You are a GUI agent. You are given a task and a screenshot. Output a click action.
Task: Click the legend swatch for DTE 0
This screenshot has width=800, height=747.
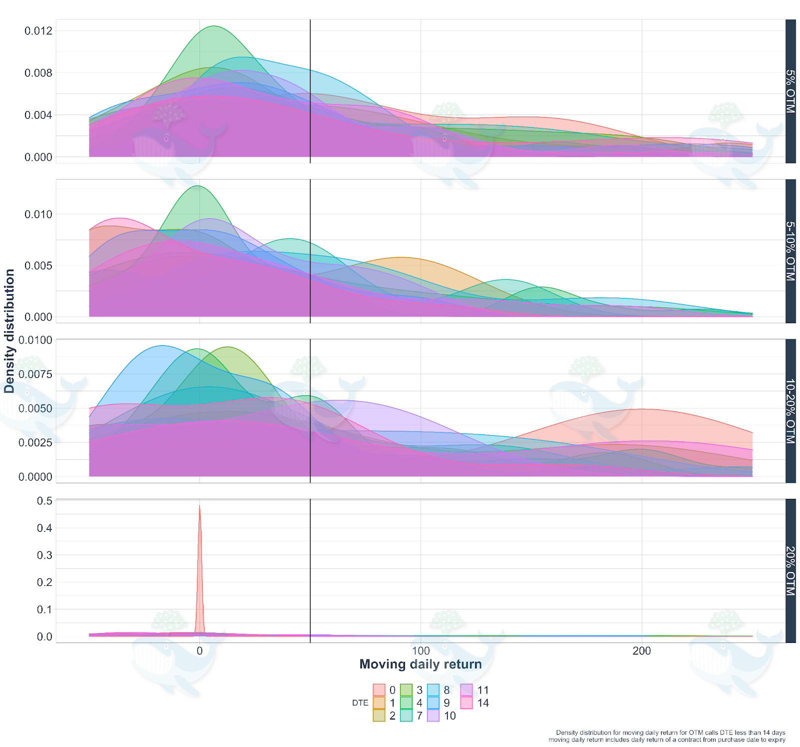click(379, 690)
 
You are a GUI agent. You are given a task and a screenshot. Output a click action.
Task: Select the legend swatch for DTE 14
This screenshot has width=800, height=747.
click(466, 702)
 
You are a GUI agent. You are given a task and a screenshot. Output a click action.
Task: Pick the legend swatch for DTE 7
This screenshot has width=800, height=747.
click(406, 715)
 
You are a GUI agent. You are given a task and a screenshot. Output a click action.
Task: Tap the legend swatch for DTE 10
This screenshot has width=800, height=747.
click(433, 715)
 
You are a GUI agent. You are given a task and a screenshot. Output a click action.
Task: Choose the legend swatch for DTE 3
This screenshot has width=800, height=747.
click(406, 690)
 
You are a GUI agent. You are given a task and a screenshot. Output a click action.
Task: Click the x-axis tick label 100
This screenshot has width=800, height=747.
click(420, 650)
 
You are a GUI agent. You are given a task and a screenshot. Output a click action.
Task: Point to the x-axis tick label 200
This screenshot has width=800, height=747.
click(641, 650)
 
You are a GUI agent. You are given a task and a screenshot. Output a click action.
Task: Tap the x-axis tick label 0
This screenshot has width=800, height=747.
click(199, 650)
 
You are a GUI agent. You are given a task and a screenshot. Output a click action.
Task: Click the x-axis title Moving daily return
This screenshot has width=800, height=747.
click(420, 664)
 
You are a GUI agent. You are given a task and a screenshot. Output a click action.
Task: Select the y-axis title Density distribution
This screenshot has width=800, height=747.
click(9, 331)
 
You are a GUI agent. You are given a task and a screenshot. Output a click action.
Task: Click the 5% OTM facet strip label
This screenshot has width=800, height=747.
click(790, 91)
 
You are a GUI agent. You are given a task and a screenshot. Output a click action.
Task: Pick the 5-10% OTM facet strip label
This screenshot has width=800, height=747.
click(790, 251)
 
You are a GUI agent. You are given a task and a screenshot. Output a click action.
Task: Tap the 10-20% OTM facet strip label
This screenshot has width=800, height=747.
click(790, 411)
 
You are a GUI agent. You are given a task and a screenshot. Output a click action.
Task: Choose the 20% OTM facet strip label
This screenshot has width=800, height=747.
click(790, 571)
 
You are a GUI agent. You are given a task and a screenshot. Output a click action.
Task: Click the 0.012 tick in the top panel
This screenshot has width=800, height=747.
click(38, 31)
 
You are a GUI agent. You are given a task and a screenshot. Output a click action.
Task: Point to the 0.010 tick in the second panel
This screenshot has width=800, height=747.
click(38, 214)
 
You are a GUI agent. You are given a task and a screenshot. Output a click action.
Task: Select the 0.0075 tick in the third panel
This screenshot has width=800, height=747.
click(35, 374)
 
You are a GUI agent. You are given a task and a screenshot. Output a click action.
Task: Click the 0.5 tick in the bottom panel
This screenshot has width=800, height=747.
click(44, 501)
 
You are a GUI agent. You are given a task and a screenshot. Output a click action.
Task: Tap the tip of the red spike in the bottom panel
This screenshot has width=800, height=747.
click(199, 505)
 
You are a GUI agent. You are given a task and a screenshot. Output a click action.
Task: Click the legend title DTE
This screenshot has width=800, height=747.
click(360, 702)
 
